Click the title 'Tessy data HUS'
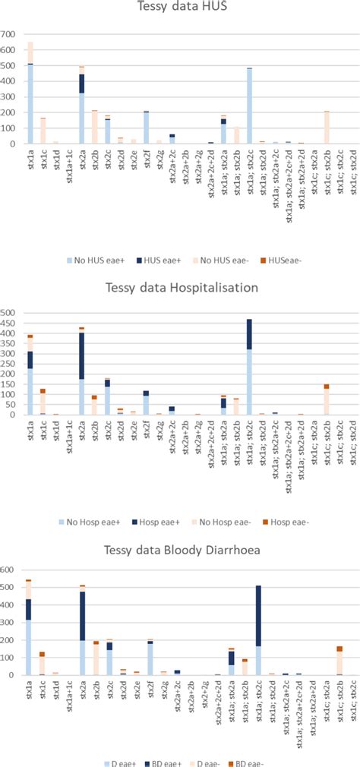click(181, 10)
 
